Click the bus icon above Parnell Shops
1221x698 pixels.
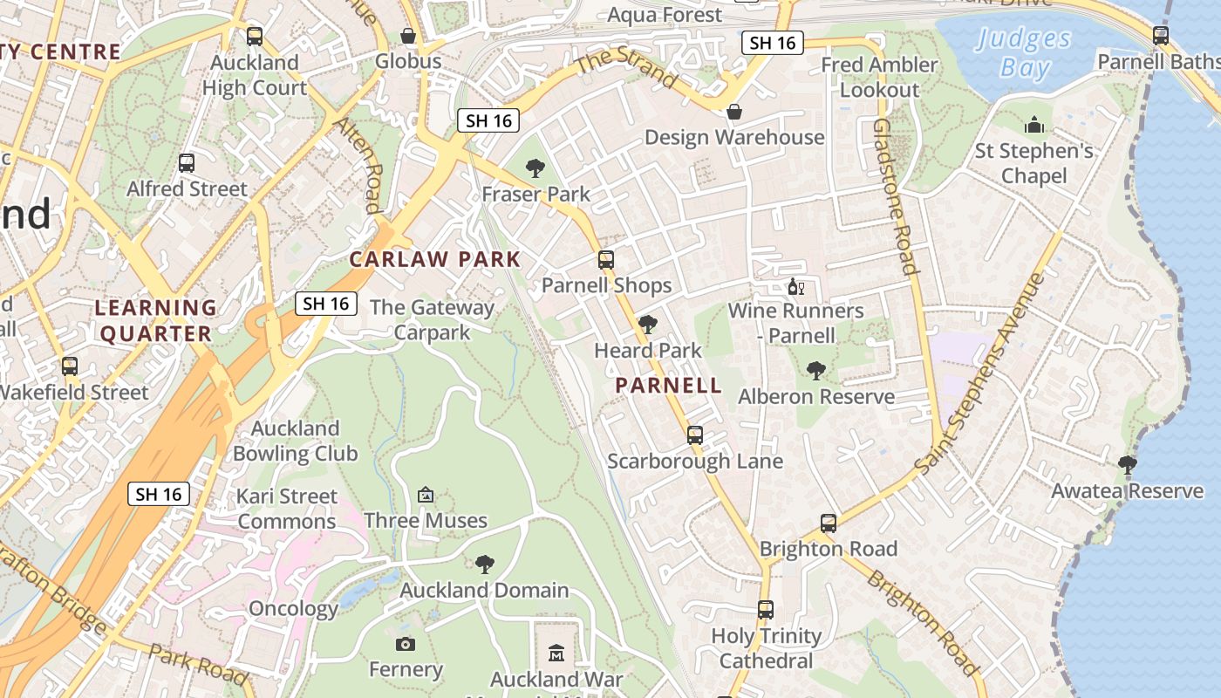click(x=606, y=259)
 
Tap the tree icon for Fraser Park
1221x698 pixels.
click(x=535, y=168)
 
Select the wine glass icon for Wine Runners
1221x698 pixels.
click(x=795, y=286)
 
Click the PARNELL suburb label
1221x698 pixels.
click(x=669, y=385)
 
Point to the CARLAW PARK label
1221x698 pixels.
click(x=435, y=259)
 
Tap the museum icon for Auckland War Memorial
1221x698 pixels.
click(x=556, y=653)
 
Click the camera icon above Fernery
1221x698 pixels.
click(x=405, y=644)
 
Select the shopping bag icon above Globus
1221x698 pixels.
click(x=408, y=36)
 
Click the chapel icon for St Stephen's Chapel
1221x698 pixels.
click(x=1034, y=125)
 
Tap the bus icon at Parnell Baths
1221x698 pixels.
click(x=1160, y=36)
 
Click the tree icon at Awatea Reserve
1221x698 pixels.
click(x=1127, y=465)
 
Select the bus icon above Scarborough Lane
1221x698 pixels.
click(x=695, y=435)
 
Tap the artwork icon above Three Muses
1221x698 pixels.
click(x=426, y=495)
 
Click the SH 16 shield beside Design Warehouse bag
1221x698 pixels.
click(x=773, y=43)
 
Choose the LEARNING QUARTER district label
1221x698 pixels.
click(x=155, y=320)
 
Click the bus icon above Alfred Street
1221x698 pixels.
click(x=187, y=163)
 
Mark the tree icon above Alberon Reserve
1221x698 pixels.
click(x=816, y=371)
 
